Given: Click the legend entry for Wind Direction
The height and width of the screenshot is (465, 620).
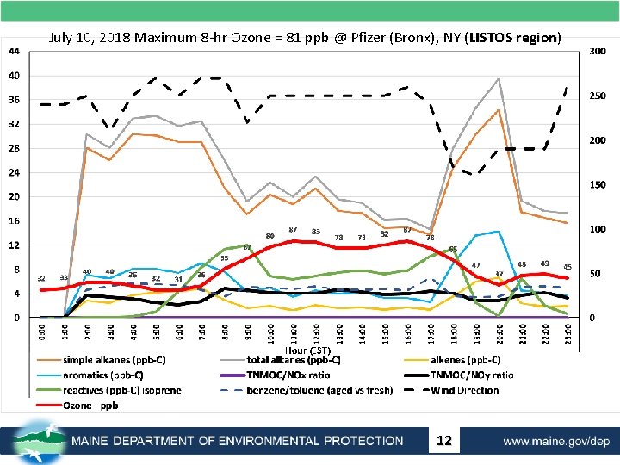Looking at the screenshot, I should click(465, 390).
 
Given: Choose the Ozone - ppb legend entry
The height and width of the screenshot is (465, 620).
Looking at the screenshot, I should click(91, 405).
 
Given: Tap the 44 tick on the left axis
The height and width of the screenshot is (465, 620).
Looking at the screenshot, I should click(15, 51).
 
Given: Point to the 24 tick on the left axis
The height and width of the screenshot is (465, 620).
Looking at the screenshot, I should click(15, 172).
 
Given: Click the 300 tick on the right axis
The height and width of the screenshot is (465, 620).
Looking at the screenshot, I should click(598, 52).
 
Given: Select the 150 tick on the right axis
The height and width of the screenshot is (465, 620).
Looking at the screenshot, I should click(598, 185).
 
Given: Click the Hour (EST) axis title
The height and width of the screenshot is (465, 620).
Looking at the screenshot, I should click(307, 350).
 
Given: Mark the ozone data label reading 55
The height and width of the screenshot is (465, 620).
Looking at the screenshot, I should click(225, 258).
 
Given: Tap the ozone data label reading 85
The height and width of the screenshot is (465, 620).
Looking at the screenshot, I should click(316, 232).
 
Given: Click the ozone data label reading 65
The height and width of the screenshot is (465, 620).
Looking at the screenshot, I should click(453, 250).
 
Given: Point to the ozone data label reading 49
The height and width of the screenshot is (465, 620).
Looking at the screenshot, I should click(545, 263).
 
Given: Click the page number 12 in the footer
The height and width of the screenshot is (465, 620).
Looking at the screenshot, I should click(444, 441).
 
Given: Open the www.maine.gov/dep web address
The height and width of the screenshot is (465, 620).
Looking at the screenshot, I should click(556, 441).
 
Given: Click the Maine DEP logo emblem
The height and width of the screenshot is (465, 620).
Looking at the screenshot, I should click(38, 439).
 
